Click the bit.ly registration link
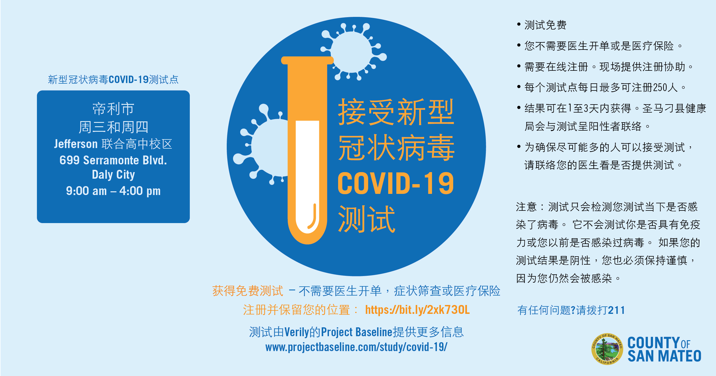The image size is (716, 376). point(417,310)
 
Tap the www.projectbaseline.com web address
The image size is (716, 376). point(356,347)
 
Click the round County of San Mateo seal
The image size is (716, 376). point(607,349)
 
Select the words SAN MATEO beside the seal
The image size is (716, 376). point(664,356)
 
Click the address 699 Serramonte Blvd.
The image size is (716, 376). point(113,160)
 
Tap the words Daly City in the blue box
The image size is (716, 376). point(113,175)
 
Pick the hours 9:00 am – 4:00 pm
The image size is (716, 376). point(113,191)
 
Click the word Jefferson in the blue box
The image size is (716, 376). point(76,144)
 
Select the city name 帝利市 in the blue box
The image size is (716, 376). point(113,109)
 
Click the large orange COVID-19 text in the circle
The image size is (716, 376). point(396,184)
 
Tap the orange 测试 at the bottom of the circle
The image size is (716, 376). point(366,219)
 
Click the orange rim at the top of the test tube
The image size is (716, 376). point(307,60)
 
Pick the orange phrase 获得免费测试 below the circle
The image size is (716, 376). point(248,291)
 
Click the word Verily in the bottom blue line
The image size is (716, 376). point(297,332)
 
